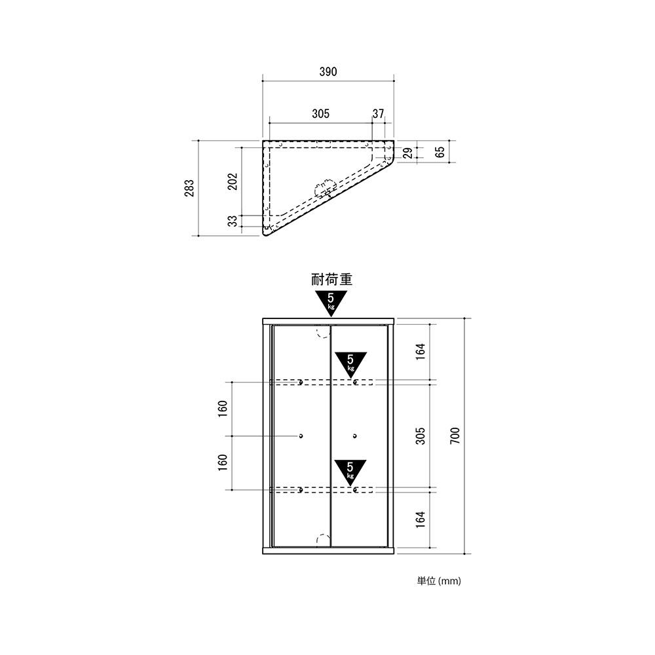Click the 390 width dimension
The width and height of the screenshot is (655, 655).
(328, 72)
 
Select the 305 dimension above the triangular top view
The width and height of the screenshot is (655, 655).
(320, 113)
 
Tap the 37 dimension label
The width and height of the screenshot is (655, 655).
(378, 113)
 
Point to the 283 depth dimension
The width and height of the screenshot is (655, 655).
(190, 188)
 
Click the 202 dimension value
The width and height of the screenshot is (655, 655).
(233, 181)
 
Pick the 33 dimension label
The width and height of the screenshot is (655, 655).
(233, 221)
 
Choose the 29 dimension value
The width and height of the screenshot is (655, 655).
(409, 153)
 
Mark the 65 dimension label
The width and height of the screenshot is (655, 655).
(440, 152)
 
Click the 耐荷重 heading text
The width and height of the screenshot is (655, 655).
(331, 279)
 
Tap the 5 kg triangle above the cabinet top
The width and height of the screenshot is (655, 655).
(331, 301)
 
